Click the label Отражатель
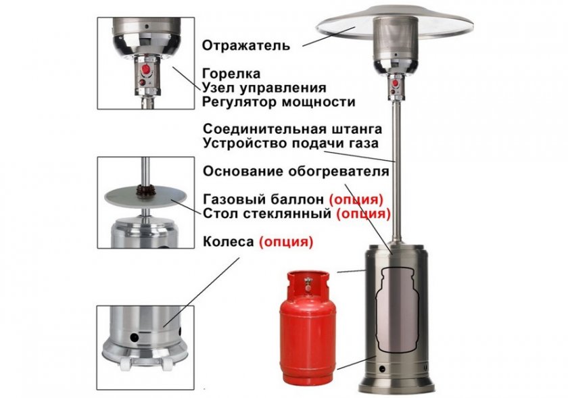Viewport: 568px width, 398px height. pos(246,46)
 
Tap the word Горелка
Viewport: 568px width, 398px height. pos(231,74)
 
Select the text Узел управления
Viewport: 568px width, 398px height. pos(264,88)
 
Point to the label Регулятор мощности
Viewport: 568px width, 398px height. pos(279,102)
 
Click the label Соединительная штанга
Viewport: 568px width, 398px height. pos(292,129)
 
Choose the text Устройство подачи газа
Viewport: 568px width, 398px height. pos(291,143)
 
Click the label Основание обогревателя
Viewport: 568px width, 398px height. pos(296,171)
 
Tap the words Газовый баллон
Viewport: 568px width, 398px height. pos(263,199)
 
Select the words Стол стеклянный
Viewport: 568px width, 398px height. pos(267,214)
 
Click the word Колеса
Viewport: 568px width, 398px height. pos(229,241)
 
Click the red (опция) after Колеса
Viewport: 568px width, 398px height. pos(286,242)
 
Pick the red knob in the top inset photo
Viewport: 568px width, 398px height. pos(146,69)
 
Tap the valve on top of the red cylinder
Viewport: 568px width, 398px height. pos(308,283)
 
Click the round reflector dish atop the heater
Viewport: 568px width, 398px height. pos(394,22)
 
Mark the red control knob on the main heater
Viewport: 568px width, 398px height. pos(396,83)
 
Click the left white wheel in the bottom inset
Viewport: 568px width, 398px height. pos(124,365)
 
